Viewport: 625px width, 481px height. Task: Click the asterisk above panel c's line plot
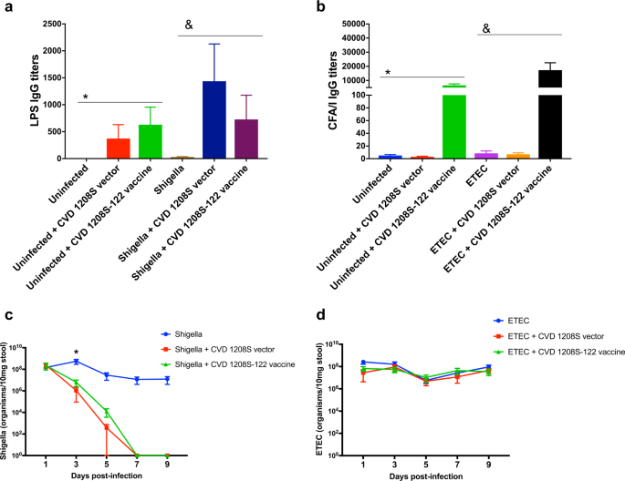(x=76, y=351)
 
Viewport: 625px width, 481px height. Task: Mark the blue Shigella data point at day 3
(x=77, y=362)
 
